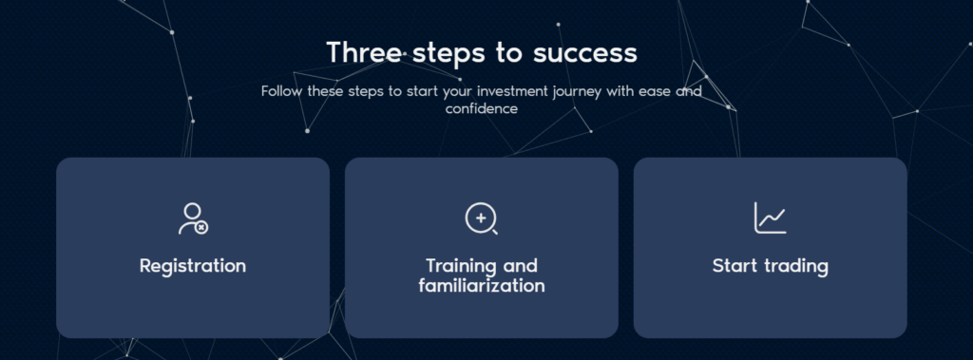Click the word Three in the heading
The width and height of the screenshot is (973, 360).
point(365,53)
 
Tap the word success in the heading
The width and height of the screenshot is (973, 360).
point(585,54)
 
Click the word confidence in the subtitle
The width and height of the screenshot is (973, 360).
point(482,108)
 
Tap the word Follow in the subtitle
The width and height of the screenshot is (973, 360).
point(282,91)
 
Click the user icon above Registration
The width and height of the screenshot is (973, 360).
point(193,218)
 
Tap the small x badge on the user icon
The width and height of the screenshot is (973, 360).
point(201,228)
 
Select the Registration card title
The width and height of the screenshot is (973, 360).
point(193,266)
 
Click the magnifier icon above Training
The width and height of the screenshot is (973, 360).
point(482,219)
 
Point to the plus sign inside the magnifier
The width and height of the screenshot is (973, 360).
point(480,218)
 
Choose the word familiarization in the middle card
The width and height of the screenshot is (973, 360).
point(482,286)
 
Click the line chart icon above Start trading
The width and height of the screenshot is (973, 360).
point(770,218)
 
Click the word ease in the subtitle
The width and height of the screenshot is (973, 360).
point(658,92)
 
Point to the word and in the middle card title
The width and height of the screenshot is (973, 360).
point(520,266)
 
